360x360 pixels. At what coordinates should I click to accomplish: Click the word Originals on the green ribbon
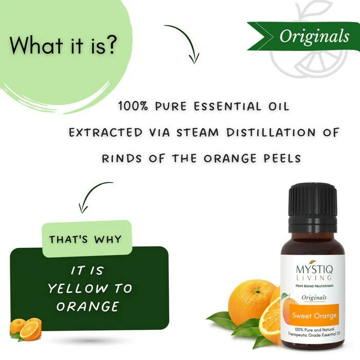[314, 37]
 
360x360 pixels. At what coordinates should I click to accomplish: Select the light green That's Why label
[85, 240]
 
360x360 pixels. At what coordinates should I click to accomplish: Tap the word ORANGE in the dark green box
[88, 307]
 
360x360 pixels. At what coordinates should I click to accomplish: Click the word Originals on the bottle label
[314, 298]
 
